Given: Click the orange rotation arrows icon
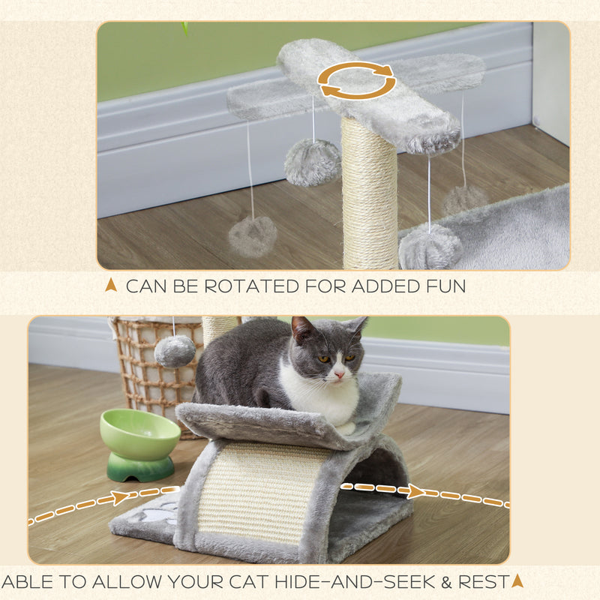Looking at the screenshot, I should click(x=357, y=80).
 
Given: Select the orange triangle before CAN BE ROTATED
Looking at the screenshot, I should click(x=111, y=285).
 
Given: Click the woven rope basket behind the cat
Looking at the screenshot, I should click(x=154, y=367).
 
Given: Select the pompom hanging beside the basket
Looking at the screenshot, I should click(x=175, y=351).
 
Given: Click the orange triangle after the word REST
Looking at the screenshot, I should click(x=517, y=580).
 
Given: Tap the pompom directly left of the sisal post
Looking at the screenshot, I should click(x=312, y=162).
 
